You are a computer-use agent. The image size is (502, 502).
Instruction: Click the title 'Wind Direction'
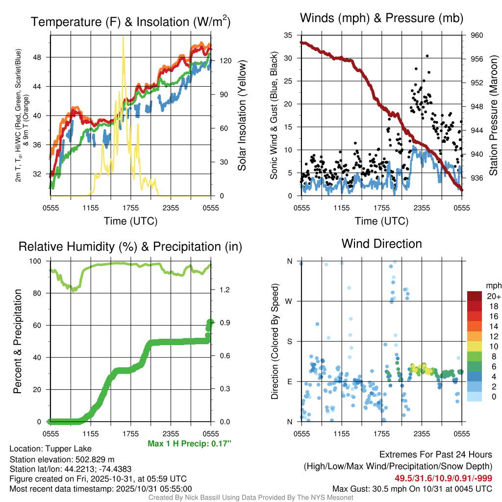pos(381,244)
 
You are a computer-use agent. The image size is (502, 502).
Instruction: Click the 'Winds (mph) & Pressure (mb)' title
pos(381,19)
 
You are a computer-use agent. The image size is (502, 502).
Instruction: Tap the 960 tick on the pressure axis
pos(477,35)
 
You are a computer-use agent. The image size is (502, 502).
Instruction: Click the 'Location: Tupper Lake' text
pos(50,449)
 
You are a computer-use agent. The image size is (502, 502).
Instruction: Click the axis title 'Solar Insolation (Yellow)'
pos(242,115)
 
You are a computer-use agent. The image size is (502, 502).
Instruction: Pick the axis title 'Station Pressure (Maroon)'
pos(494,116)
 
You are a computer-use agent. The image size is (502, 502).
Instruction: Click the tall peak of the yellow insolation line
pos(123,37)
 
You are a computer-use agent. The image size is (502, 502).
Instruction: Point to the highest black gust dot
pos(427,56)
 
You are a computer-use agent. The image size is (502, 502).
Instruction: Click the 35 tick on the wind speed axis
pos(289,35)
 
